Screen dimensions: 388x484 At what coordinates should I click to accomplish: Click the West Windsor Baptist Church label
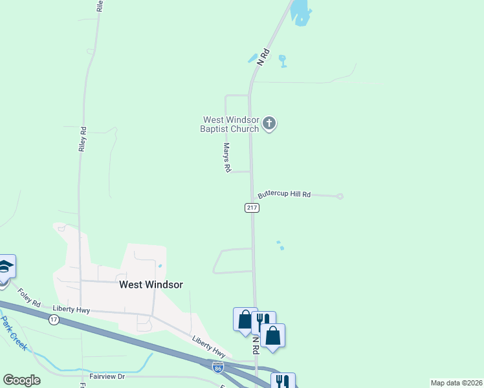point(231,124)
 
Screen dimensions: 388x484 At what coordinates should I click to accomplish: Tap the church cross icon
point(269,124)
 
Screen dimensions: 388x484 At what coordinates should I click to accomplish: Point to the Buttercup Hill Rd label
point(284,194)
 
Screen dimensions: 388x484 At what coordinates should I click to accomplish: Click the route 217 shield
point(252,208)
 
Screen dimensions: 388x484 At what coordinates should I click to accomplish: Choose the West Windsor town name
point(151,285)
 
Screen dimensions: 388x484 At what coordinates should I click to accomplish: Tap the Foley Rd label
point(28,297)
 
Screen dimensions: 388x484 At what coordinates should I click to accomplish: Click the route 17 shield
point(54,320)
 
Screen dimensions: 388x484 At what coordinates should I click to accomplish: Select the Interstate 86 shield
point(218,367)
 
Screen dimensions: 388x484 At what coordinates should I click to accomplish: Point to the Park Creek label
point(14,333)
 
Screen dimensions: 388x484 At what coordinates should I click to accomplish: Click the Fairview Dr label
point(107,376)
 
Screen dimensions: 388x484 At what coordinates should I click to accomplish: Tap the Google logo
point(21,380)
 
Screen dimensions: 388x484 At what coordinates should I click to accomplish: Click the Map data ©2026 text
point(456,383)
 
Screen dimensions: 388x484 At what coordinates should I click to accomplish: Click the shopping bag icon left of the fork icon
point(245,319)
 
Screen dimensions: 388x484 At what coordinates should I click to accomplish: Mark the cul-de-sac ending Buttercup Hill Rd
point(340,197)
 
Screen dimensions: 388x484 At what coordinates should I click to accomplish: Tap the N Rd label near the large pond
point(262,57)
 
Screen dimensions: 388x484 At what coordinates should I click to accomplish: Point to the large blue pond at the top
point(300,12)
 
